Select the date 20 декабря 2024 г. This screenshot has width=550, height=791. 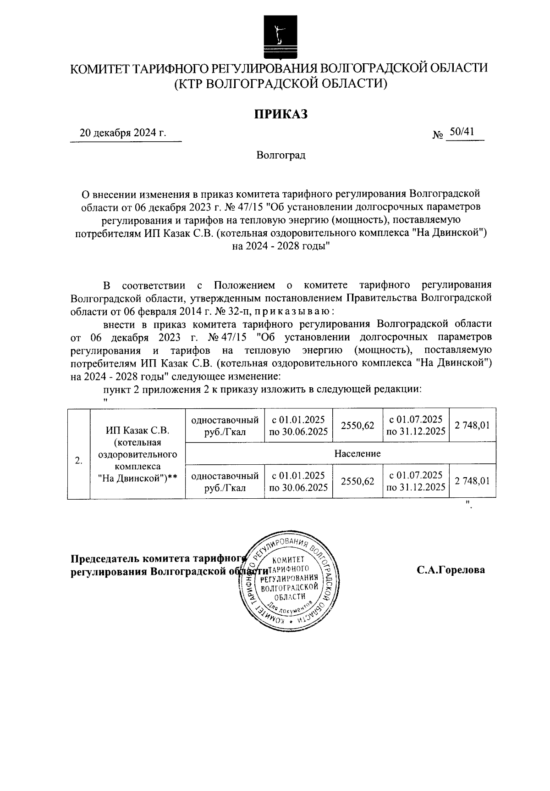[123, 133]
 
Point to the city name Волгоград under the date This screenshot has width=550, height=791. [280, 155]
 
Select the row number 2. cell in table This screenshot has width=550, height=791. [79, 460]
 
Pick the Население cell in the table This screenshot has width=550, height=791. [357, 453]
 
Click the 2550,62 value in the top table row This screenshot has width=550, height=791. [357, 425]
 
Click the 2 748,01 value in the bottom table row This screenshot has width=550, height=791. [473, 481]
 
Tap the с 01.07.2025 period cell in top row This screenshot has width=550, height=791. [416, 425]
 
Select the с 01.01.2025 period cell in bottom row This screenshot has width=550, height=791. [298, 481]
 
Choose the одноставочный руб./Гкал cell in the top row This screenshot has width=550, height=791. [225, 425]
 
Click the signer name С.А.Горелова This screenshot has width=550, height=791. [451, 570]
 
